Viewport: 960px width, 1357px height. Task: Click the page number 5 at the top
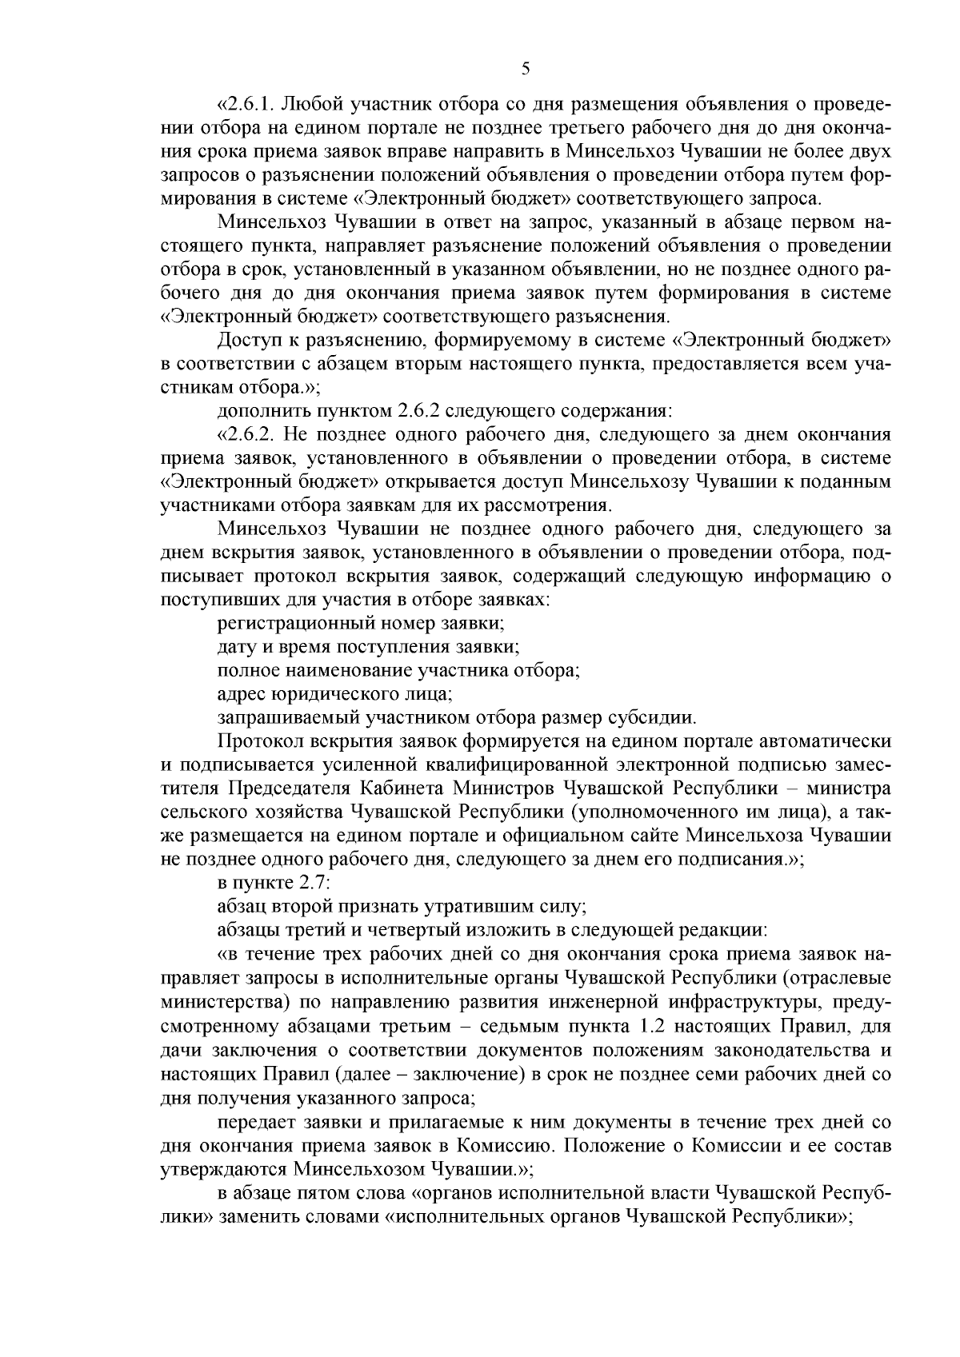coord(525,70)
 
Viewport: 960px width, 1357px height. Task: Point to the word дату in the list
coord(237,645)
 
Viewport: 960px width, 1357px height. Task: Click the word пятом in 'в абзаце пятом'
coord(324,1193)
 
